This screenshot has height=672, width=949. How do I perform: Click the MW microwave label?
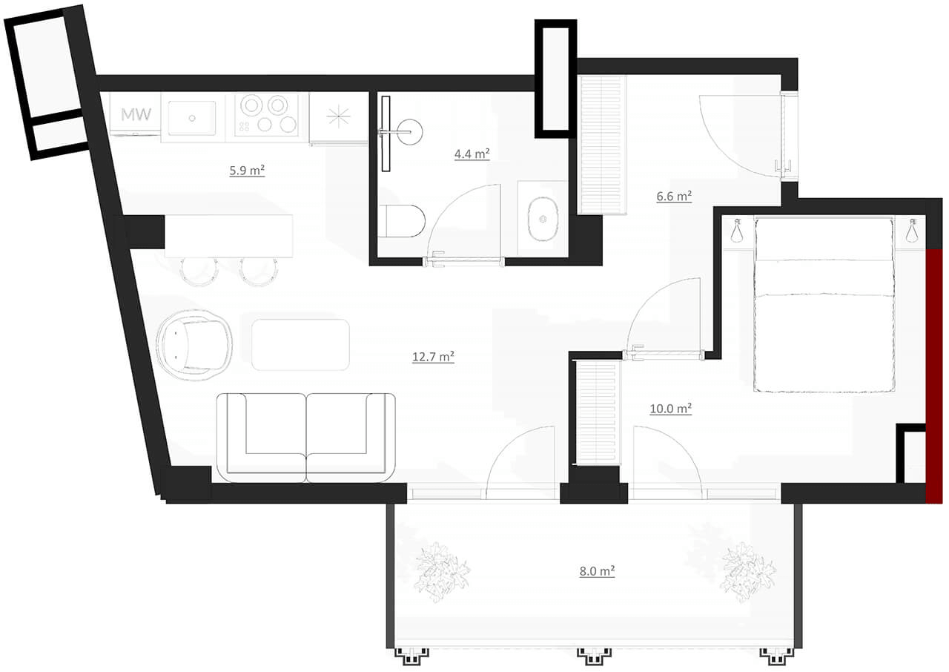(x=136, y=114)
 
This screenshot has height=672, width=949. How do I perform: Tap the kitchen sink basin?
(x=191, y=118)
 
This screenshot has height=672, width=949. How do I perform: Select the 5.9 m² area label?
(x=247, y=171)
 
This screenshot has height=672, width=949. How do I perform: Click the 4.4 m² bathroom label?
(x=472, y=154)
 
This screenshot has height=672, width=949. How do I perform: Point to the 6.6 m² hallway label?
(x=674, y=196)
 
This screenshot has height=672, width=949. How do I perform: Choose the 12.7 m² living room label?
(x=433, y=357)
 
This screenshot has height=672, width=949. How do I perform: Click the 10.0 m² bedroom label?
(x=671, y=409)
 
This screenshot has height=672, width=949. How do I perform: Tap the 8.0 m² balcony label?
(x=597, y=571)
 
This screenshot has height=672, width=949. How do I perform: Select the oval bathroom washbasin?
(x=543, y=219)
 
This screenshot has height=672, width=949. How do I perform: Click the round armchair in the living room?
(x=194, y=344)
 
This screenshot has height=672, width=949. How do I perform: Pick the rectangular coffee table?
(x=300, y=345)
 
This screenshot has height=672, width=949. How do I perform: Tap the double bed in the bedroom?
(x=824, y=304)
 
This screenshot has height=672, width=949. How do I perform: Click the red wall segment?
(x=933, y=376)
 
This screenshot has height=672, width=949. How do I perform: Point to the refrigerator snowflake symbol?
(x=339, y=116)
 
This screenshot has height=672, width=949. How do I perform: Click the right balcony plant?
(x=748, y=572)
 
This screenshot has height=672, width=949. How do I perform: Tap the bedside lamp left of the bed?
(x=738, y=231)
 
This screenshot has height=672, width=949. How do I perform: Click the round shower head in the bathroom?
(x=410, y=132)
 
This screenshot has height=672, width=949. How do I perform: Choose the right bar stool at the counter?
(x=259, y=271)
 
